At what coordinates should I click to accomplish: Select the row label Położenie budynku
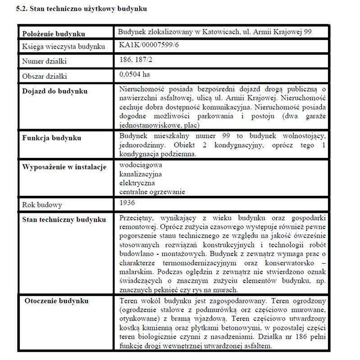(x=54, y=34)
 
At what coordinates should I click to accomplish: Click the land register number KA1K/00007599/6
(x=146, y=45)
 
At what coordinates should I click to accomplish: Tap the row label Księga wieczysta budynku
(x=64, y=47)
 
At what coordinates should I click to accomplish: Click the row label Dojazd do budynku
(x=55, y=91)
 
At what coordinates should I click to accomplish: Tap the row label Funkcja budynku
(x=52, y=138)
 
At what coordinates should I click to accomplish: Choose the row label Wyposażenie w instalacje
(x=64, y=167)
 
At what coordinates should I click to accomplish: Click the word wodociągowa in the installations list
(x=141, y=165)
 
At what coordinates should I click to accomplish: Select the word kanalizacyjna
(x=141, y=174)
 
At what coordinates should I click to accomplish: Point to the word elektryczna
(x=137, y=183)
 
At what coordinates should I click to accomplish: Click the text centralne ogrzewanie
(x=152, y=192)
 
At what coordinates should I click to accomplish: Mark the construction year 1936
(x=128, y=203)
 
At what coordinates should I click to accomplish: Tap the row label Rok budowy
(x=42, y=205)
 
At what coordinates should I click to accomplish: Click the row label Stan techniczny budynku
(x=64, y=220)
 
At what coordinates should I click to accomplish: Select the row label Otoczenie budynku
(x=57, y=301)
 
